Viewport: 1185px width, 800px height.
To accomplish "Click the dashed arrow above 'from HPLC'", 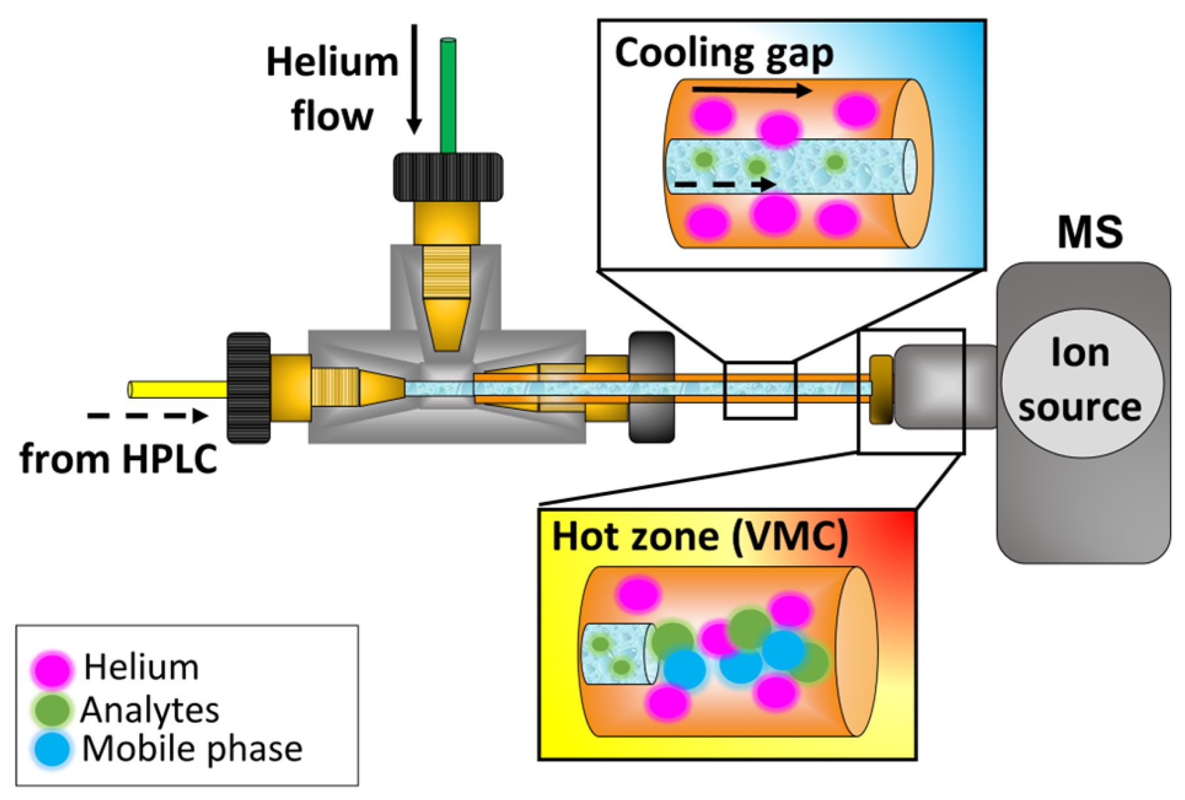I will pos(148,416).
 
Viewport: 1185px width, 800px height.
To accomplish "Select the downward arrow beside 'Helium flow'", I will pos(414,78).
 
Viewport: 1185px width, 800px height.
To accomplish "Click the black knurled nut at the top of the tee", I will pos(448,177).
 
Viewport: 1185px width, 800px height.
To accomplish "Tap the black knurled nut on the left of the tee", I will pos(248,388).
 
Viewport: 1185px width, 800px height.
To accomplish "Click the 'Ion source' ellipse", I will pos(1081,382).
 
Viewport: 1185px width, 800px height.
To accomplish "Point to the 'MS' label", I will pos(1090,232).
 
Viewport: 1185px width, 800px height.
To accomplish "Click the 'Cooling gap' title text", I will pos(723,54).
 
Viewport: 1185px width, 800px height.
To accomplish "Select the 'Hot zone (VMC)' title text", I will pos(699,536).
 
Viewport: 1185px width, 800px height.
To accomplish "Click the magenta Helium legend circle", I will pos(52,669).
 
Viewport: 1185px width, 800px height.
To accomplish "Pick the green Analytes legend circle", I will pos(52,710).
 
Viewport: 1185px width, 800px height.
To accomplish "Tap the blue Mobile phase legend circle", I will pos(52,749).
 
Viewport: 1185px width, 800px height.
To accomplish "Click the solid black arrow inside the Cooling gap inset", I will pos(751,90).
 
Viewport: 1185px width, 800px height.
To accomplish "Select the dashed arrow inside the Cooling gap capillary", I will pos(724,185).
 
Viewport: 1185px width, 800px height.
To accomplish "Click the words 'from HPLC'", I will pos(118,459).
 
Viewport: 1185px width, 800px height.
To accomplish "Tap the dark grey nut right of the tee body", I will pos(651,388).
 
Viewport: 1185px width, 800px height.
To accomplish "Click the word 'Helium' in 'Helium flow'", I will pos(332,63).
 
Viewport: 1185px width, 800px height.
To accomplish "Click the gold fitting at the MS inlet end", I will pos(881,389).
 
